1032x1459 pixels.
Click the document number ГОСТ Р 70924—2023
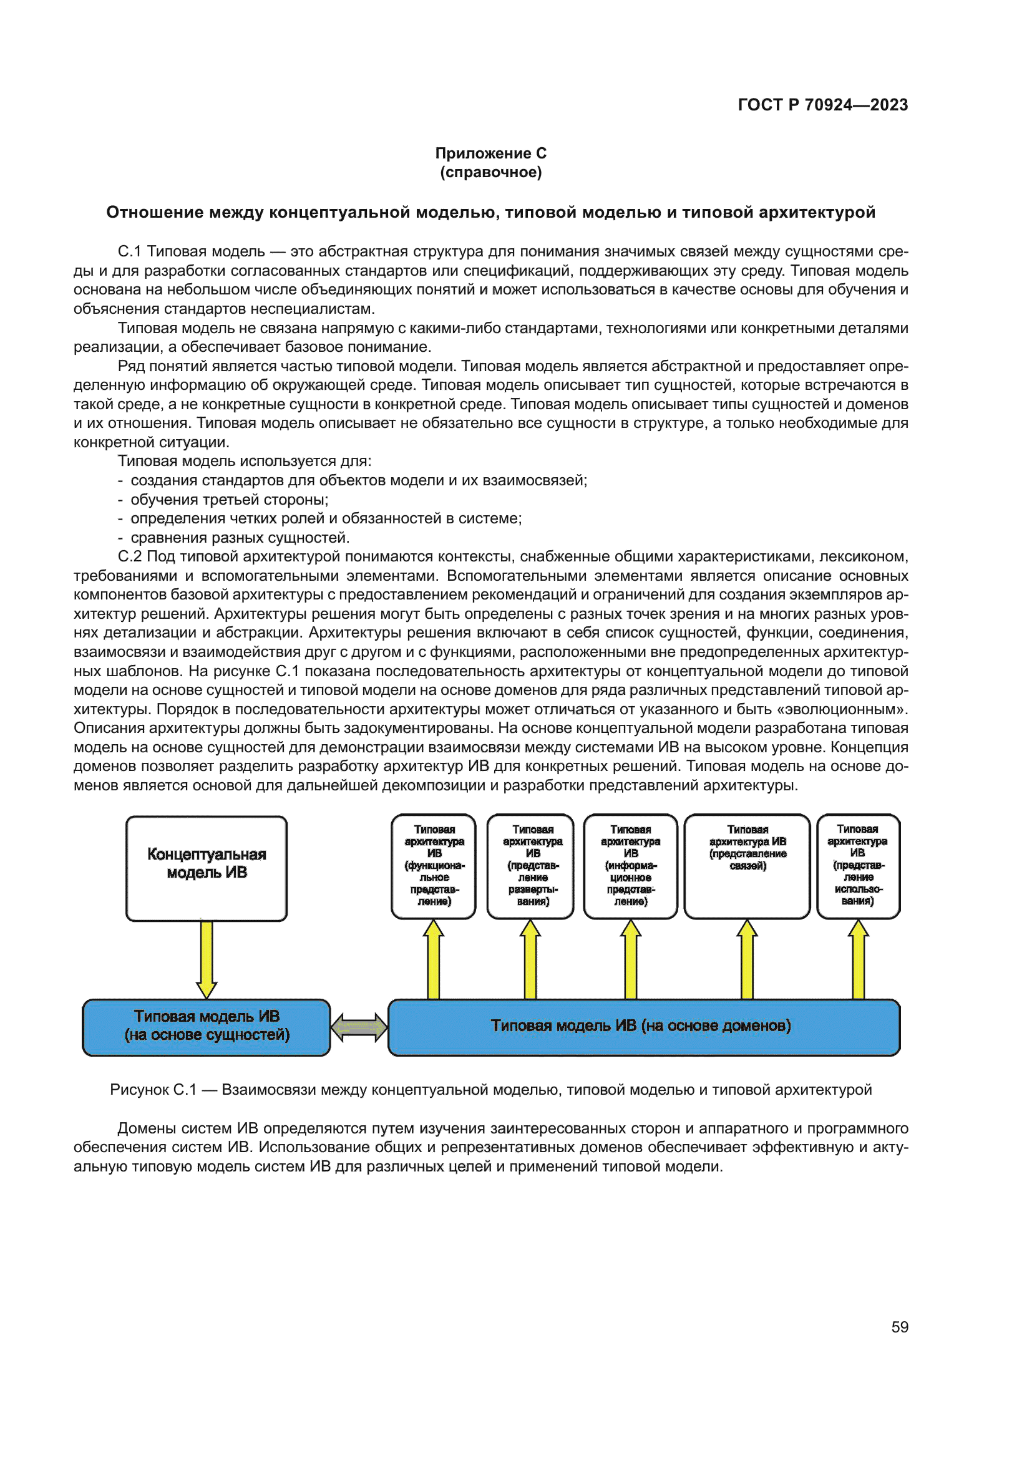click(x=822, y=105)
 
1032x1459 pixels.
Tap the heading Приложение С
click(x=490, y=153)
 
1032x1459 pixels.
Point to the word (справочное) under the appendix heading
click(x=490, y=172)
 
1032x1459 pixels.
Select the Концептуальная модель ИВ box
click(x=207, y=868)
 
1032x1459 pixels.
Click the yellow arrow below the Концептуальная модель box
click(x=207, y=959)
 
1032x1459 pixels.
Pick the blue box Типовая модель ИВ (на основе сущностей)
click(x=207, y=1027)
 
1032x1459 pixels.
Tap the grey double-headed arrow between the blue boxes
click(x=359, y=1027)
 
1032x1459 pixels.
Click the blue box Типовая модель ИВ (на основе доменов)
click(x=643, y=1027)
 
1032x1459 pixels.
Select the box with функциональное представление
click(x=434, y=866)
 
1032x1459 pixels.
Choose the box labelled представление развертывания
click(x=531, y=866)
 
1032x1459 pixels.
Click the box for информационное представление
click(x=630, y=866)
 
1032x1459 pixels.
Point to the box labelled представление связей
click(x=747, y=866)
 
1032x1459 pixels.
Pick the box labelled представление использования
click(x=858, y=866)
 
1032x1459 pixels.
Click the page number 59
click(x=900, y=1327)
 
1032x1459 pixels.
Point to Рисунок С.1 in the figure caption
click(x=153, y=1090)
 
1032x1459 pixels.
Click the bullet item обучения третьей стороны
click(x=230, y=500)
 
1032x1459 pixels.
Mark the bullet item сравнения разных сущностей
click(x=240, y=538)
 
